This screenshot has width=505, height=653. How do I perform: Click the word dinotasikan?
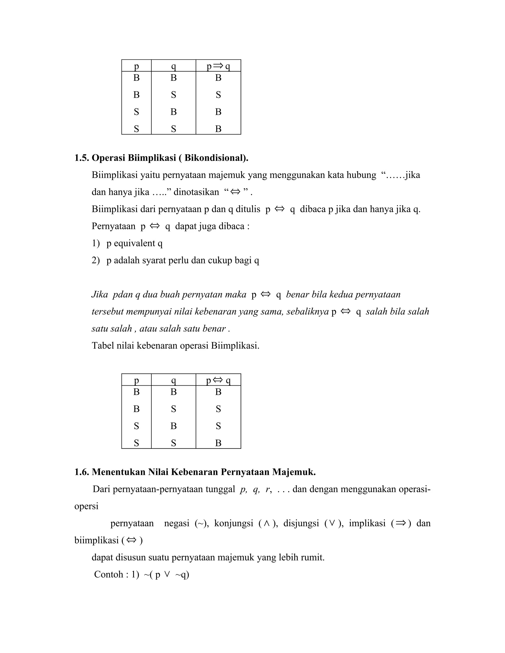click(196, 192)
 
